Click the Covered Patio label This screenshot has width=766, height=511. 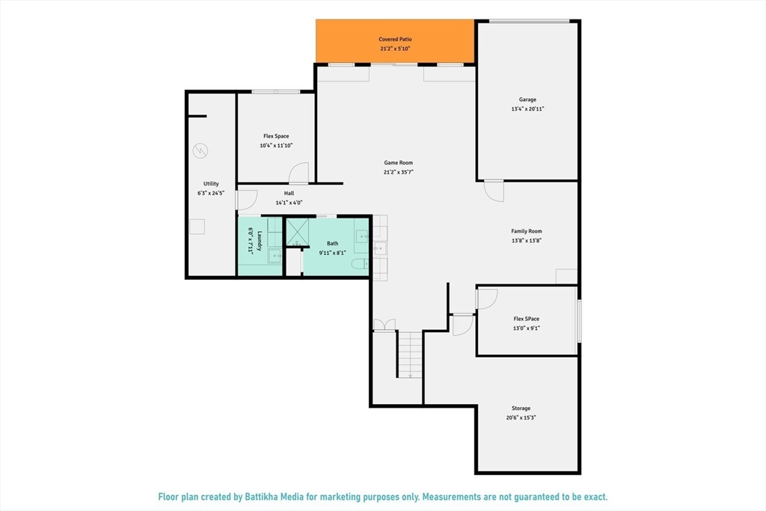click(395, 39)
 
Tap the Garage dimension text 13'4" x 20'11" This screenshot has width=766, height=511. click(527, 109)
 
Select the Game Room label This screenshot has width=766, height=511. click(398, 162)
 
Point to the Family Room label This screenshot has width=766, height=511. click(527, 231)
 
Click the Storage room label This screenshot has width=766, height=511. click(521, 409)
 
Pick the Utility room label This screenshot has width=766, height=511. click(211, 184)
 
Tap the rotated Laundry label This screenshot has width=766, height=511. click(260, 241)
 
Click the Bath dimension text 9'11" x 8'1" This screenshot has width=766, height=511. click(332, 253)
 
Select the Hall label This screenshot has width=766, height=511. click(289, 194)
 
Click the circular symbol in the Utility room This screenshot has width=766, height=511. click(200, 150)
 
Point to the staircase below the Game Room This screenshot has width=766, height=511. click(409, 355)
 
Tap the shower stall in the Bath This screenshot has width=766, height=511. click(297, 232)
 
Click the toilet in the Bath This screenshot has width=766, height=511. click(360, 264)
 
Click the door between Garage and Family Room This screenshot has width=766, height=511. click(494, 191)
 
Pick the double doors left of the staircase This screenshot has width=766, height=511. click(384, 325)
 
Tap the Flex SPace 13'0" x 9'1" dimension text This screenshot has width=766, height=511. click(526, 328)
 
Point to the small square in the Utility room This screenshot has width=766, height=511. click(197, 227)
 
